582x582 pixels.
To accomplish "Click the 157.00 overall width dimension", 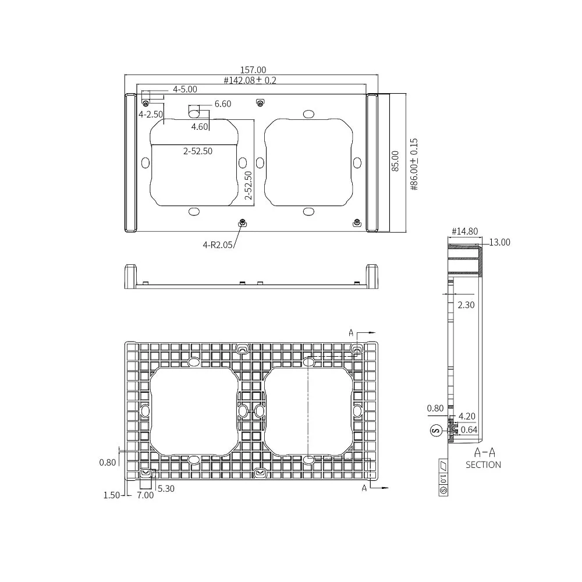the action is pyautogui.click(x=253, y=70).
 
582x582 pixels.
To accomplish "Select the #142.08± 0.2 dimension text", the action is pyautogui.click(x=250, y=80).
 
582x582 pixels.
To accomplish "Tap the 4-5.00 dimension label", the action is pyautogui.click(x=185, y=89).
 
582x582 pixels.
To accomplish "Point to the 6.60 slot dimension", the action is pyautogui.click(x=223, y=104).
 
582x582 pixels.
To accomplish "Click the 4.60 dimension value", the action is pyautogui.click(x=199, y=127).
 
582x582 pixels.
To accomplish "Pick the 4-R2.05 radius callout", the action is pyautogui.click(x=218, y=244).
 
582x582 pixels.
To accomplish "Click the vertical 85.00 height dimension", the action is pyautogui.click(x=395, y=161).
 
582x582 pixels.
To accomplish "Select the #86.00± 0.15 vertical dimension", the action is pyautogui.click(x=414, y=165).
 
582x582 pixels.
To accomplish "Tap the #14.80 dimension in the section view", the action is pyautogui.click(x=464, y=231).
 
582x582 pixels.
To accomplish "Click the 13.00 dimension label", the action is pyautogui.click(x=499, y=242).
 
